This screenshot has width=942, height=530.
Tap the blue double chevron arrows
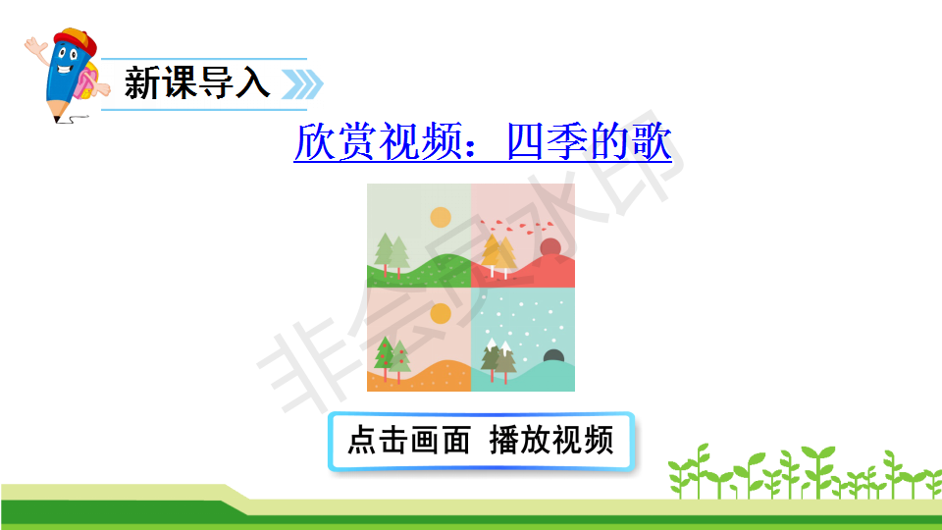pyautogui.click(x=302, y=84)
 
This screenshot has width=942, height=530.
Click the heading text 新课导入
pyautogui.click(x=197, y=82)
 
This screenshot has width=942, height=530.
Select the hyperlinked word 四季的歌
pyautogui.click(x=589, y=141)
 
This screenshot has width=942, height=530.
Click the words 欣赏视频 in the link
pyautogui.click(x=379, y=141)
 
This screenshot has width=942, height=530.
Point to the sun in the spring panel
pyautogui.click(x=441, y=218)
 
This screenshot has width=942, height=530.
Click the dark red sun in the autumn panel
pyautogui.click(x=550, y=247)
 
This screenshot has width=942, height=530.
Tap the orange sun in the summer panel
pyautogui.click(x=441, y=314)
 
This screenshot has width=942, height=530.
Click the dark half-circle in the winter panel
pyautogui.click(x=553, y=356)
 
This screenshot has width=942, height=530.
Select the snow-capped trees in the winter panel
pyautogui.click(x=498, y=360)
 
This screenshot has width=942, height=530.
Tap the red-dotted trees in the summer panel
pyautogui.click(x=392, y=360)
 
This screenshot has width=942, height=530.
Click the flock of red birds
pyautogui.click(x=518, y=227)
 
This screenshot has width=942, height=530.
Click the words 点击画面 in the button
pyautogui.click(x=409, y=441)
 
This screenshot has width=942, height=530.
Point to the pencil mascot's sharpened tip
pyautogui.click(x=57, y=120)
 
